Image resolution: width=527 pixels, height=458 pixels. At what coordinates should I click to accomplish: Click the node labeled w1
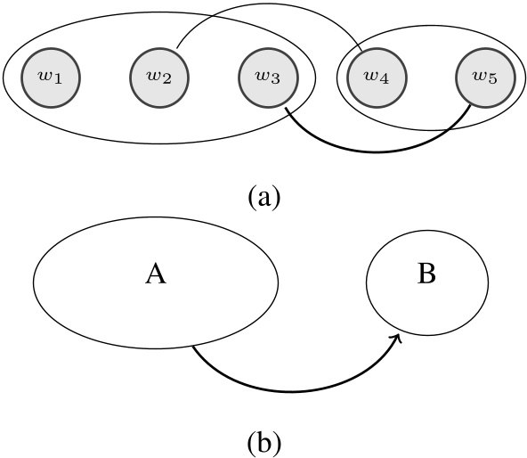click(x=51, y=77)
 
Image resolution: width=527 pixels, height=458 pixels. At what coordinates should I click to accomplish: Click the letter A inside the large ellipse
click(x=156, y=276)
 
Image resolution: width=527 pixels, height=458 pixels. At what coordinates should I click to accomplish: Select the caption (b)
click(x=263, y=439)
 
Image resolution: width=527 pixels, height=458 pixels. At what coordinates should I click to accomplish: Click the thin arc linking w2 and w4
click(x=267, y=7)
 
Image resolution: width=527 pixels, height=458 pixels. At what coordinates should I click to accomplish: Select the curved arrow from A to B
click(x=294, y=389)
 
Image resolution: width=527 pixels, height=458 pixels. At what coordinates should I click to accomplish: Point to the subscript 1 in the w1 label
click(x=58, y=80)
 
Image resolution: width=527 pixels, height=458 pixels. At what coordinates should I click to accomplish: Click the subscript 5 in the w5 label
click(x=493, y=80)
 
